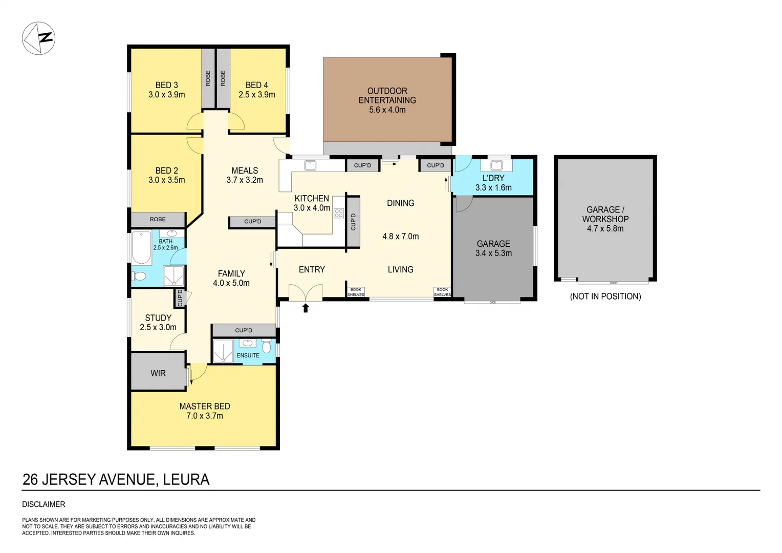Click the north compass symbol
tap(38, 38)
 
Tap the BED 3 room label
tap(166, 85)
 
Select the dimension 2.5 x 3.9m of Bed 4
tap(256, 95)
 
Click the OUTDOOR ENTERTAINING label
tap(387, 96)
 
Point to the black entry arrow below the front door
tap(306, 308)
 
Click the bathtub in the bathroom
tap(141, 248)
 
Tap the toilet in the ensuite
tap(266, 347)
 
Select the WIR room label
tap(158, 373)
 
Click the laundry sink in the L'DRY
tap(495, 165)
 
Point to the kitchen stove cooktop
tap(338, 213)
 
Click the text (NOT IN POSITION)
tap(605, 296)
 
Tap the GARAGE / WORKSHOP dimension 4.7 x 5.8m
tap(605, 229)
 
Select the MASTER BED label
tap(204, 406)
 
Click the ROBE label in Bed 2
tap(158, 219)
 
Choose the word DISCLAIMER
tap(44, 504)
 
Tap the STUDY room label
tap(158, 318)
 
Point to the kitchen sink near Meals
tap(310, 165)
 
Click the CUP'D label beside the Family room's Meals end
tap(252, 221)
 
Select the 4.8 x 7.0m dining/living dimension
tap(400, 237)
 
